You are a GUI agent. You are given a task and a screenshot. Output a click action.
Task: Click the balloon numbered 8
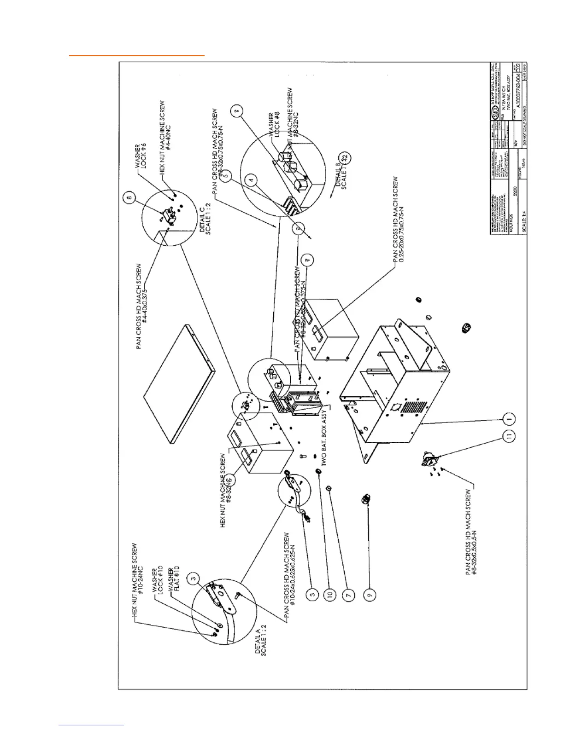(130, 199)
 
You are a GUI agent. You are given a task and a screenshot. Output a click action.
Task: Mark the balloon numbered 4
(251, 180)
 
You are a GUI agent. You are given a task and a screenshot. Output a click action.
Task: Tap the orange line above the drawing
(136, 55)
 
